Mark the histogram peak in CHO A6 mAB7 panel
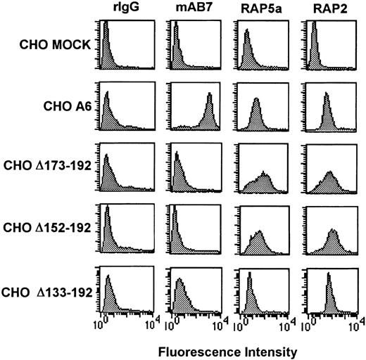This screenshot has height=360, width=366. click(209, 97)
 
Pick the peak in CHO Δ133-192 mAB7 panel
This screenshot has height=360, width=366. click(179, 281)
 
